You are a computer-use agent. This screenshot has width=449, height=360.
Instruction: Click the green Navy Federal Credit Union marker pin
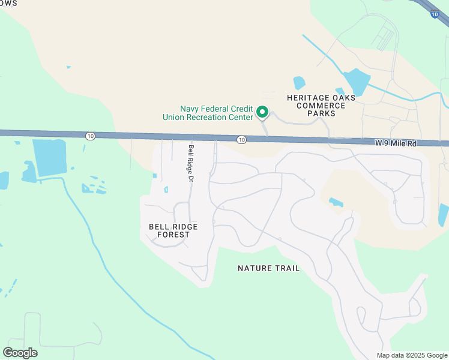pos(262,112)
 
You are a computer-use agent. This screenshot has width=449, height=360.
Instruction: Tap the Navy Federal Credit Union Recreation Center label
pos(208,113)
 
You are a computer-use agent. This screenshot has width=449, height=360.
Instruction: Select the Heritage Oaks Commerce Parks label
pos(321,105)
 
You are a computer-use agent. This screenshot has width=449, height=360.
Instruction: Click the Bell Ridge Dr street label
pos(191,163)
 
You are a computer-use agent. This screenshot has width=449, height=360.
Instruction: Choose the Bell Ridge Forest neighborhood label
pos(173,230)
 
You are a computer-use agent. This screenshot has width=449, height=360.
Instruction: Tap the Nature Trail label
pos(268,268)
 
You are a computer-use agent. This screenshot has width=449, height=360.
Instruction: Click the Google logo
pos(20,352)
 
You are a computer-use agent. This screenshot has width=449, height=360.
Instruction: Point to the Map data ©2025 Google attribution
pos(412,355)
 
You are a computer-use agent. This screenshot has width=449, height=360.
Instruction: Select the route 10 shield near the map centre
pos(241,140)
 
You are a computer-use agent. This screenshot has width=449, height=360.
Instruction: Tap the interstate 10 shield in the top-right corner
pos(435,14)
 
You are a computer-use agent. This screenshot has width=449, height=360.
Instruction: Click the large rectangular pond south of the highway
pos(49,157)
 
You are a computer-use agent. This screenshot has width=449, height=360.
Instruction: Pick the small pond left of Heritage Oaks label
pos(299,82)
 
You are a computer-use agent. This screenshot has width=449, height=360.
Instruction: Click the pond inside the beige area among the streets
pos(336,203)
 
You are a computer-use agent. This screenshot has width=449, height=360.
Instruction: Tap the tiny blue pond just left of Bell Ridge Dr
pos(166,190)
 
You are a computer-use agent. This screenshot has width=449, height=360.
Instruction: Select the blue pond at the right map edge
pos(444,214)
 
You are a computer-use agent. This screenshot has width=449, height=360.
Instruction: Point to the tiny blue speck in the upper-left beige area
pos(68,67)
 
